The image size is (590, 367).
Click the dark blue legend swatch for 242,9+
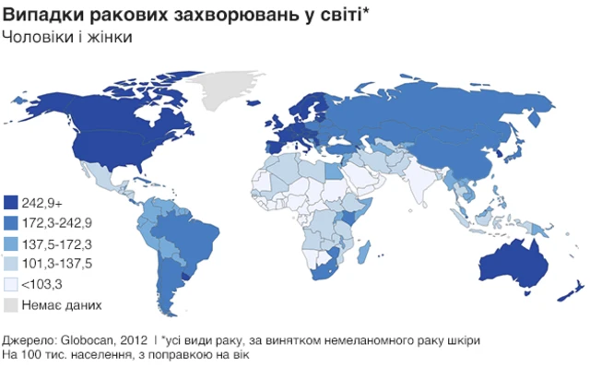tap(11, 202)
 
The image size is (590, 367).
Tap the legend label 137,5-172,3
tap(59, 243)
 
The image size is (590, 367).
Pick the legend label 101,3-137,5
tap(59, 264)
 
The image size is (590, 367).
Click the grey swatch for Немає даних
tap(11, 304)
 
